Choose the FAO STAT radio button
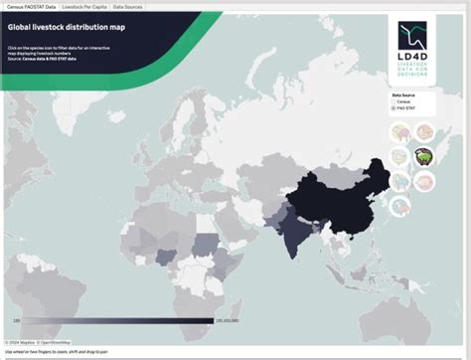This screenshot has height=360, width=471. click(x=395, y=108)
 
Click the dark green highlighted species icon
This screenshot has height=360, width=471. click(x=423, y=156)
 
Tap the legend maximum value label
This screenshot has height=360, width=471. click(x=228, y=321)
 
